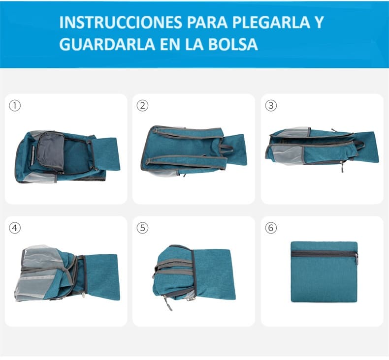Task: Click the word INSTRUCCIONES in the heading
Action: (121, 23)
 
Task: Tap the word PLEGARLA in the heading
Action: (271, 23)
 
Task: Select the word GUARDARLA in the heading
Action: (107, 44)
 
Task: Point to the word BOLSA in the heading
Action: (233, 44)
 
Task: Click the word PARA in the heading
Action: (207, 23)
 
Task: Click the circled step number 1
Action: (15, 106)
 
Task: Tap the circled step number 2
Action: (142, 106)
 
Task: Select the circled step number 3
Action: (271, 106)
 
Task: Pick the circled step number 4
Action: (15, 228)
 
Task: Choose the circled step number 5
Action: (142, 228)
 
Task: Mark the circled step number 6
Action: (271, 228)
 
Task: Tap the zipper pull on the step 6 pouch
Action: (356, 259)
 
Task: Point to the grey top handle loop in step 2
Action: (225, 148)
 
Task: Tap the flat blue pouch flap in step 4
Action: (102, 277)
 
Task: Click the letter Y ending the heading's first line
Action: (319, 23)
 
